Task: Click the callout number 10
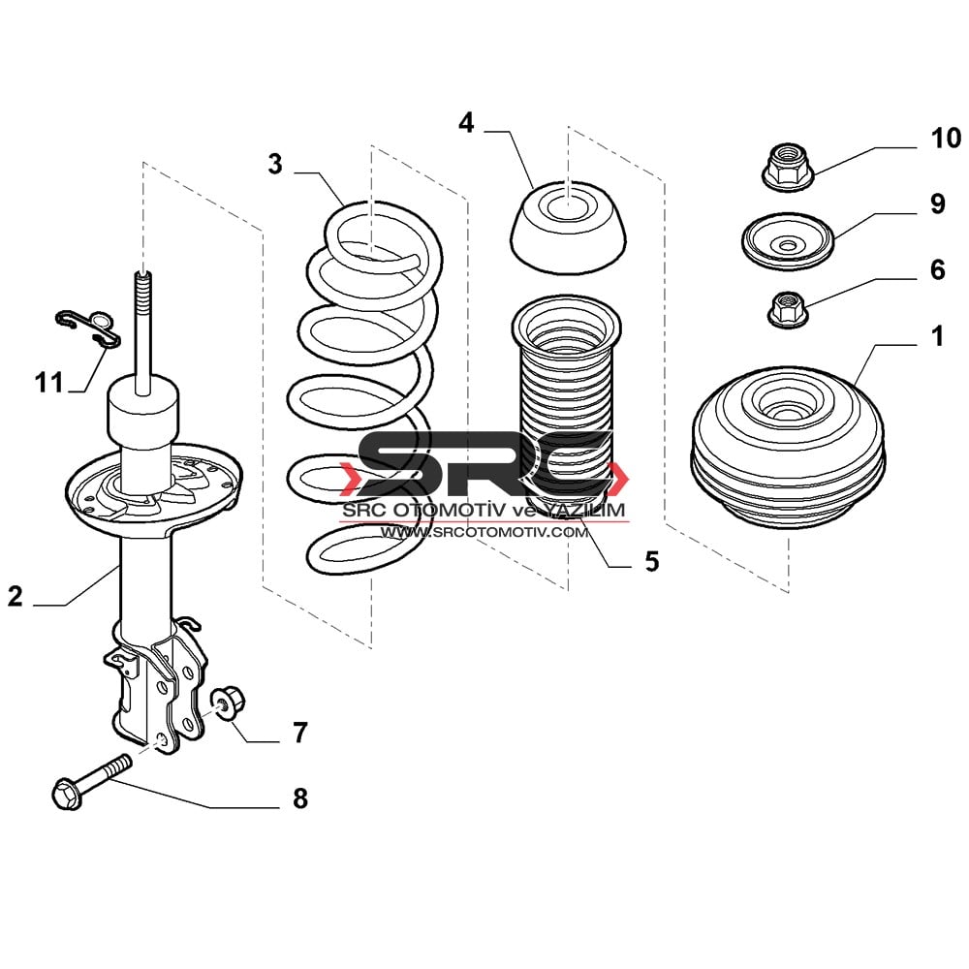(946, 138)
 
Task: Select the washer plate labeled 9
(788, 241)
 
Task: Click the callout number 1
(938, 337)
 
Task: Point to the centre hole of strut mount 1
(787, 416)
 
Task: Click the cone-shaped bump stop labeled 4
(568, 228)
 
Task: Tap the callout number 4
(467, 123)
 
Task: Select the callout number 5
(652, 561)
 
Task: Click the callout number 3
(275, 164)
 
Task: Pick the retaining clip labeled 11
(87, 325)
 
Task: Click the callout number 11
(48, 382)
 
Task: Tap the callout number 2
(16, 596)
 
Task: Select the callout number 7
(300, 733)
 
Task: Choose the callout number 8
(300, 798)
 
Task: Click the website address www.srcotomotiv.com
(484, 532)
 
